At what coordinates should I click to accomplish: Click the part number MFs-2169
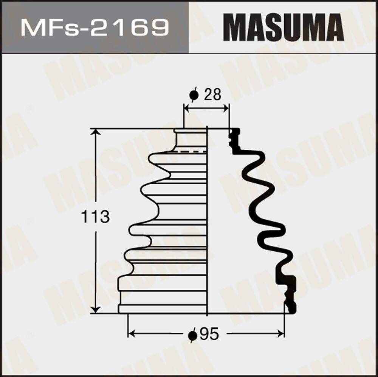[x=94, y=28]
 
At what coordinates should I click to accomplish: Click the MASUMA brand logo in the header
[x=283, y=28]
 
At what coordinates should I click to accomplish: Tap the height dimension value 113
[x=96, y=217]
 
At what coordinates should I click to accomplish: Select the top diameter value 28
[x=212, y=95]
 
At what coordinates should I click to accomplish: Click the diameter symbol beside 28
[x=194, y=95]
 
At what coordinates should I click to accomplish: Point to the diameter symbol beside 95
[x=193, y=334]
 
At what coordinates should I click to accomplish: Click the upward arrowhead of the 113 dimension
[x=96, y=132]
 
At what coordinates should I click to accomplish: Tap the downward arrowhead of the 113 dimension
[x=96, y=309]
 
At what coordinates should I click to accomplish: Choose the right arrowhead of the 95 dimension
[x=281, y=333]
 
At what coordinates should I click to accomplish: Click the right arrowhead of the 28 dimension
[x=226, y=109]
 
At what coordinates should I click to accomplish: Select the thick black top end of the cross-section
[x=235, y=138]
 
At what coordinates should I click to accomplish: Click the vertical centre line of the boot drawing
[x=207, y=226]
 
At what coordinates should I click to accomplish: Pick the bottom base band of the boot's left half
[x=163, y=309]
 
